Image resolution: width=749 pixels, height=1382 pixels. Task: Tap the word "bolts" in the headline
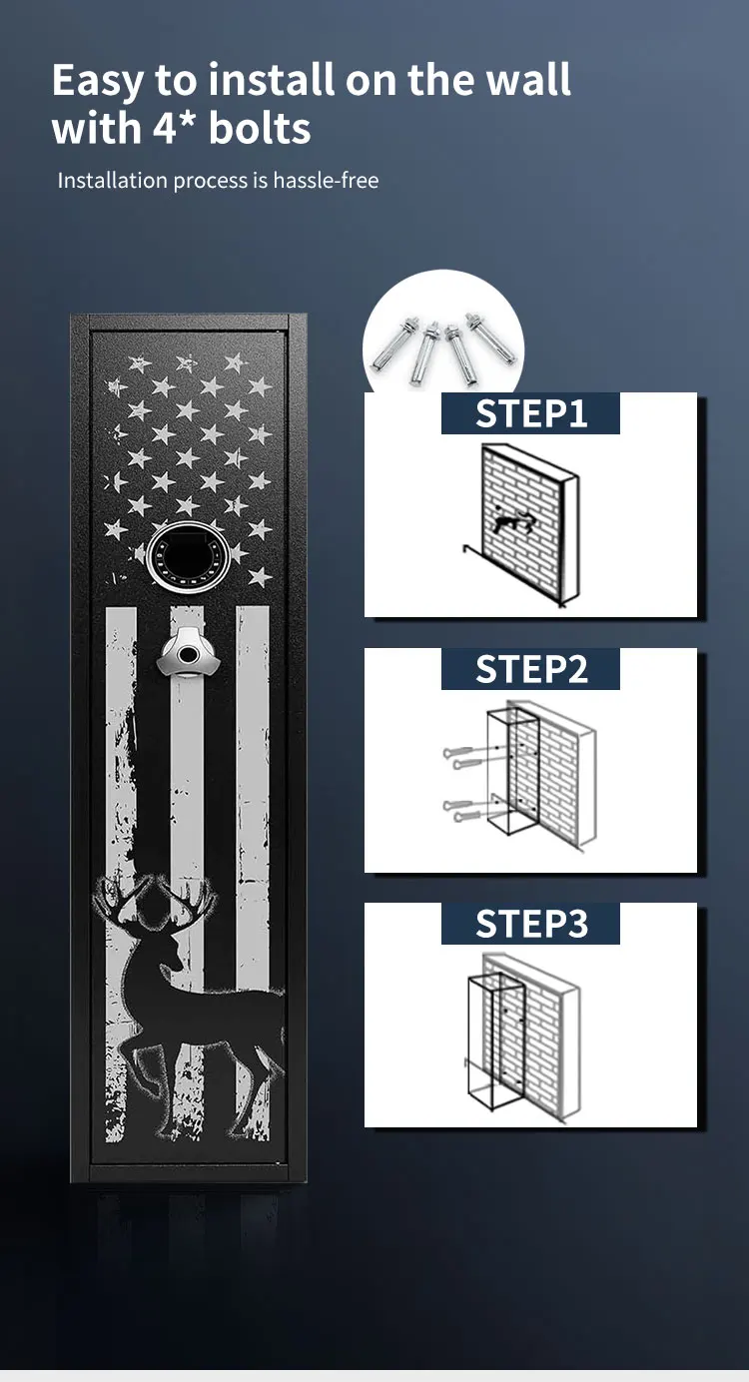pos(261,129)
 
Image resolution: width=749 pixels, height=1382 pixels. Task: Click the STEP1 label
pos(530,413)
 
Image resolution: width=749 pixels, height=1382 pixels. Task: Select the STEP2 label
pos(530,669)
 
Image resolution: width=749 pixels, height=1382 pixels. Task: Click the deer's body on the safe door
pos(200,1009)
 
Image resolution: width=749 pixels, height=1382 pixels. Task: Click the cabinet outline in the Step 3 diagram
pos(496,1038)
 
